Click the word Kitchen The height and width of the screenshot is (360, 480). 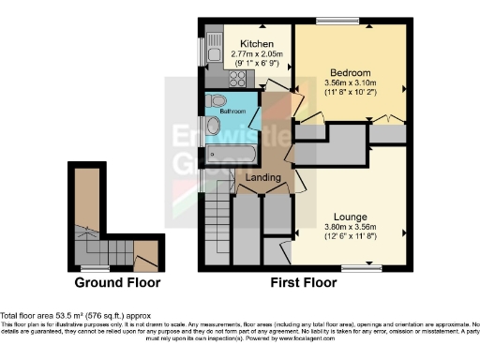pyautogui.click(x=256, y=44)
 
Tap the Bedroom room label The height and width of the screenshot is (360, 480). pyautogui.click(x=351, y=72)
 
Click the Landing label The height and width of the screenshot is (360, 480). pyautogui.click(x=263, y=177)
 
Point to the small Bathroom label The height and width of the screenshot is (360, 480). pyautogui.click(x=232, y=111)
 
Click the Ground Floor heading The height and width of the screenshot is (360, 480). pyautogui.click(x=117, y=282)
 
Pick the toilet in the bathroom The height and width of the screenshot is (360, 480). pyautogui.click(x=218, y=100)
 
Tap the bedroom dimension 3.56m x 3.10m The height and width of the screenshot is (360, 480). pyautogui.click(x=351, y=83)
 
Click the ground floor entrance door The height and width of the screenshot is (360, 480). pyautogui.click(x=145, y=253)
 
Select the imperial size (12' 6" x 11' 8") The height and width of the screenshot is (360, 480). pyautogui.click(x=349, y=237)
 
